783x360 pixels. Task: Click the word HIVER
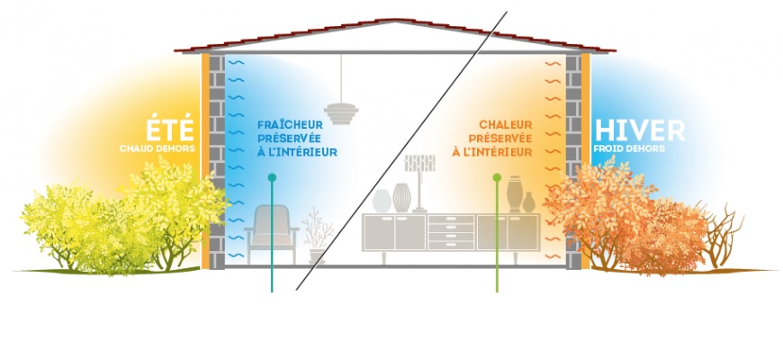(x=639, y=130)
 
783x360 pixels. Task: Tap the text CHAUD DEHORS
(x=157, y=148)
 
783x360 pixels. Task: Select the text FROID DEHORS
(x=629, y=148)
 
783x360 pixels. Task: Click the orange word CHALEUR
(x=506, y=125)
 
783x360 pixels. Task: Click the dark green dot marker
(x=272, y=179)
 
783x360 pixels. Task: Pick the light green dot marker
(x=497, y=178)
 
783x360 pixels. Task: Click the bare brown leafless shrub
(x=724, y=235)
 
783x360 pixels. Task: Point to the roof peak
(x=389, y=22)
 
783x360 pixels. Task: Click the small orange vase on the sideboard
(x=528, y=202)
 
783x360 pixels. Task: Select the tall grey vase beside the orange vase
(x=514, y=193)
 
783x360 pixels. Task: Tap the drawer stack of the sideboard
(x=451, y=232)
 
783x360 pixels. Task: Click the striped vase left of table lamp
(x=400, y=197)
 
